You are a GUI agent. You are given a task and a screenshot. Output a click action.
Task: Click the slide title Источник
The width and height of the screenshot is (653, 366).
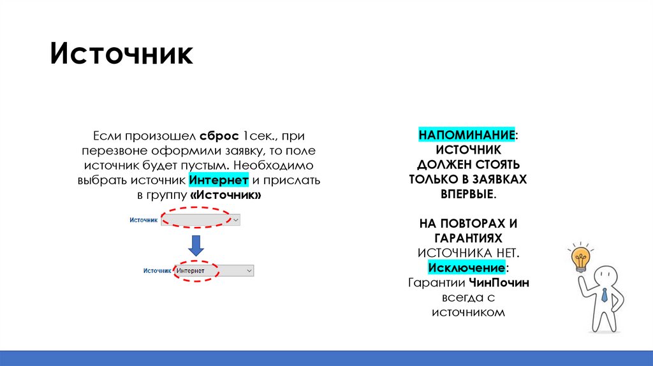point(122,54)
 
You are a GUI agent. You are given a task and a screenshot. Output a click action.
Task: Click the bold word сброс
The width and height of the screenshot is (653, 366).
point(219,136)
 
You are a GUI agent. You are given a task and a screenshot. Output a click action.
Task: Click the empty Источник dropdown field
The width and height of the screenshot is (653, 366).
point(200,219)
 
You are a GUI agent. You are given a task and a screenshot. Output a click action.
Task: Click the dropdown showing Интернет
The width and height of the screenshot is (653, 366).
point(214,271)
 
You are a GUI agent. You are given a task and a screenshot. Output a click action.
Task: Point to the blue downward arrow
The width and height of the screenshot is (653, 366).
point(196,245)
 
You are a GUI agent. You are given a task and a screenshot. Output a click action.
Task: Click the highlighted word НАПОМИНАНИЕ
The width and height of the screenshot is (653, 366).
point(467,136)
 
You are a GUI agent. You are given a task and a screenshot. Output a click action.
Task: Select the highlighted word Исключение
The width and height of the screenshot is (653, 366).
point(467,267)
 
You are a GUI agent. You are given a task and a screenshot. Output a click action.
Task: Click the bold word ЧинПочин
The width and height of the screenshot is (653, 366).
point(499,282)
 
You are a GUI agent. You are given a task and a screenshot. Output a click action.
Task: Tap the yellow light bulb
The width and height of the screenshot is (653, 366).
point(580,259)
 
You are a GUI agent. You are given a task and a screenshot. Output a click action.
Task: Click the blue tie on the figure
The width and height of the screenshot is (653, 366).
point(604,295)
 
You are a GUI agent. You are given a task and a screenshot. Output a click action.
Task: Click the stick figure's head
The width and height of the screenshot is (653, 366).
point(605,276)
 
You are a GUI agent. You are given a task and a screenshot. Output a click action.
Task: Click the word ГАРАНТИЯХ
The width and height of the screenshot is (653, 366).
point(468,238)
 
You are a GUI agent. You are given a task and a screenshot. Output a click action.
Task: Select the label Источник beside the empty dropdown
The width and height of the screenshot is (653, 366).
point(143,219)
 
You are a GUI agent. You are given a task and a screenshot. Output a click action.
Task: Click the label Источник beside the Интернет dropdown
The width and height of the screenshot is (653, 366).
point(158,271)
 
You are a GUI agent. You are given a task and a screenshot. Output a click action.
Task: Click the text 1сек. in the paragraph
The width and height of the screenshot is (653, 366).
point(255,136)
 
